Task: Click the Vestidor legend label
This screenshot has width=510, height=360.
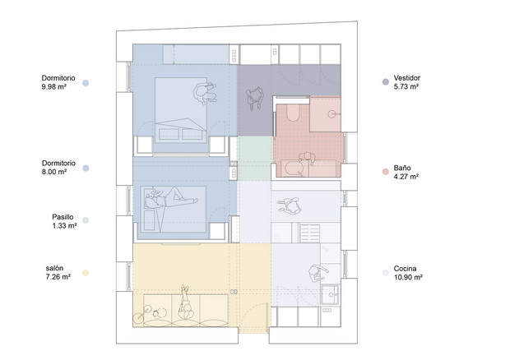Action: [406, 78]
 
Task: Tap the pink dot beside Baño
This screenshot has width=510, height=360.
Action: [386, 172]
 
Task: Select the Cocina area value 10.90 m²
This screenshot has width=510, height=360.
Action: [408, 277]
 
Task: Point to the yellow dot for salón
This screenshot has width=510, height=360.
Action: [86, 273]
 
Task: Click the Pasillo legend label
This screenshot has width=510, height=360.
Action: [63, 217]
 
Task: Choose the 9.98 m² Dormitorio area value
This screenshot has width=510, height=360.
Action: [54, 87]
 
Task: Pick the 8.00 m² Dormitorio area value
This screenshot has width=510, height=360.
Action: [54, 172]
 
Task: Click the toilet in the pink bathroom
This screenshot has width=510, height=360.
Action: [292, 113]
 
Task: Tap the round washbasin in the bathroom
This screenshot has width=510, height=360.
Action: [331, 114]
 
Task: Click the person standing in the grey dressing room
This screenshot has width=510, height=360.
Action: [255, 98]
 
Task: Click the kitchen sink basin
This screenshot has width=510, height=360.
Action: [331, 294]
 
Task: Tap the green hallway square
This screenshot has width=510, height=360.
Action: [255, 159]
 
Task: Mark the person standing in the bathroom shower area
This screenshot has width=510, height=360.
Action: [307, 159]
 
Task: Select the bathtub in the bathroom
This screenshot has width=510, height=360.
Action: [294, 168]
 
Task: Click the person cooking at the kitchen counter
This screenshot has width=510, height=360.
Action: [318, 273]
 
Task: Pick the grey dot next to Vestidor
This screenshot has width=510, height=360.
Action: [386, 82]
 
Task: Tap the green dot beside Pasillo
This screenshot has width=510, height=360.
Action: [86, 220]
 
